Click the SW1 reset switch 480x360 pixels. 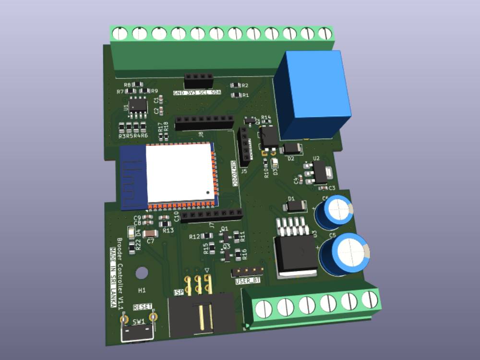click(138, 332)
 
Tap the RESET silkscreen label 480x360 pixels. click(143, 307)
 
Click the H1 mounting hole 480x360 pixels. click(142, 273)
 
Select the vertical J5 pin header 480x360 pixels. click(245, 144)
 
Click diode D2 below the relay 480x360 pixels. click(291, 148)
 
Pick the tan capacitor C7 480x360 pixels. click(150, 234)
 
